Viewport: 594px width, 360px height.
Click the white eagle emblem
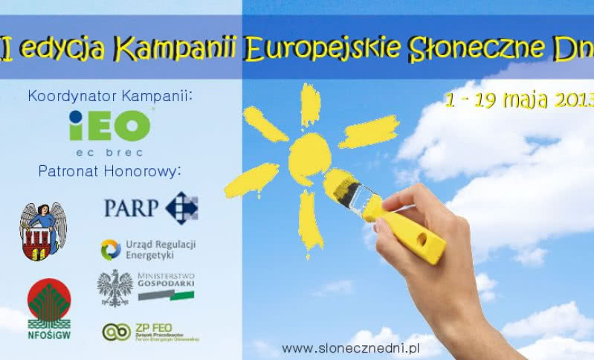tap(114, 287)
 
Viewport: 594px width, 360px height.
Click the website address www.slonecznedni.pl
tap(352, 347)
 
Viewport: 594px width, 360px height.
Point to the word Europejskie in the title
tap(322, 49)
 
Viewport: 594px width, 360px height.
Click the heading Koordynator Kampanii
tap(109, 96)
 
